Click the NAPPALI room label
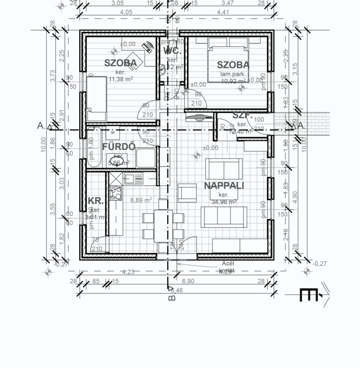click(x=224, y=186)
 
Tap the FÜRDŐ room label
click(x=119, y=146)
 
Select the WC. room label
click(x=172, y=52)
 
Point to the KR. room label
click(x=96, y=201)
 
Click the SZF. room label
click(x=242, y=115)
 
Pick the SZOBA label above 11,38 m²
click(x=120, y=63)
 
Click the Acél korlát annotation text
click(x=226, y=267)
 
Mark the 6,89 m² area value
click(x=141, y=200)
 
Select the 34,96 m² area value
click(x=223, y=202)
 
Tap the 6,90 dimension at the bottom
click(x=187, y=281)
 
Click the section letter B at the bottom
click(x=172, y=297)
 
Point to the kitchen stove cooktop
click(x=115, y=193)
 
